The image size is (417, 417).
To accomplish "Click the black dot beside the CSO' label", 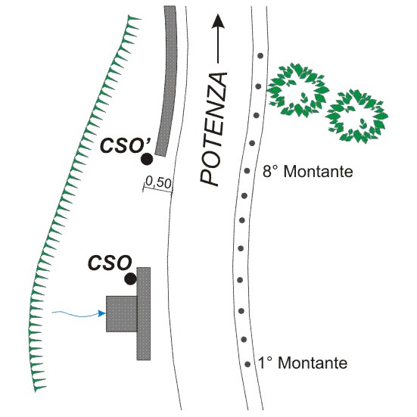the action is (147, 159).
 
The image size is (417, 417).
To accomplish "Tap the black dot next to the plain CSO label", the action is (131, 279).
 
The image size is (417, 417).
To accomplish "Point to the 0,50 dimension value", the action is (158, 182).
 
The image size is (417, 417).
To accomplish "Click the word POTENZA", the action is (213, 129).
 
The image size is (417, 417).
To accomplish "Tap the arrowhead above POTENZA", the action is (219, 21).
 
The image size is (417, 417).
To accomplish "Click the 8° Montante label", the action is (308, 172).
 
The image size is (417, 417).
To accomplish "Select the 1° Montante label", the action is (303, 363).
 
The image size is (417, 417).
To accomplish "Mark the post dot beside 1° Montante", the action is (247, 364).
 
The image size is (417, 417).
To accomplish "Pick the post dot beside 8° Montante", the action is (247, 170).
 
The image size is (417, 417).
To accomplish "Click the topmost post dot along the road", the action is (260, 56).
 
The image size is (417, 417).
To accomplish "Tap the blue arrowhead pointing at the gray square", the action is (102, 313).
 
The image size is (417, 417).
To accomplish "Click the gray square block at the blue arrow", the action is (122, 314).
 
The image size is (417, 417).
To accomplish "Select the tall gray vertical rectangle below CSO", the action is (144, 314).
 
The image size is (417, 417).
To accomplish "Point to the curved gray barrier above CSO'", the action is (167, 79).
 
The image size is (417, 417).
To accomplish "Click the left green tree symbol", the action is (298, 90).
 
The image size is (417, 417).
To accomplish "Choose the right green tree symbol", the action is (357, 117).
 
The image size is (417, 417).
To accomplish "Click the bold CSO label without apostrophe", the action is (110, 263).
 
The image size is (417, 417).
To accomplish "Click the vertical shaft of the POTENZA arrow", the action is (219, 45).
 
